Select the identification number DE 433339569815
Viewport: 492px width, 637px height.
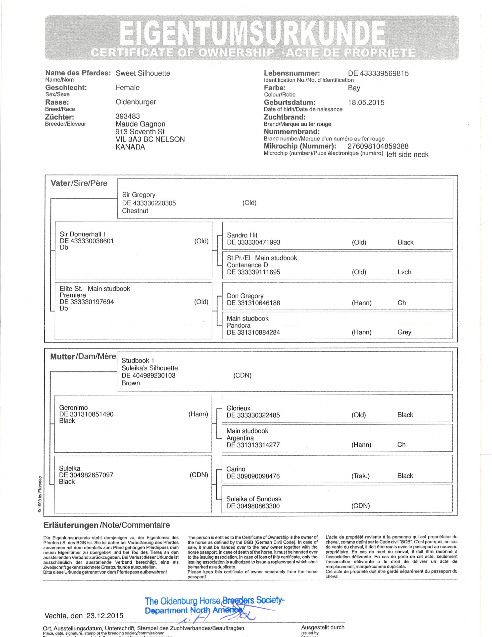pyautogui.click(x=378, y=73)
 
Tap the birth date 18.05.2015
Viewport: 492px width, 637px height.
pyautogui.click(x=366, y=103)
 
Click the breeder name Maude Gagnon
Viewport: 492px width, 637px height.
pyautogui.click(x=140, y=124)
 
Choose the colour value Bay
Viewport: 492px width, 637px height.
pyautogui.click(x=354, y=88)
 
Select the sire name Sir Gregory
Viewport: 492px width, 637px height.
pyautogui.click(x=139, y=195)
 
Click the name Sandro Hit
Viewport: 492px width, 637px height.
pyautogui.click(x=242, y=235)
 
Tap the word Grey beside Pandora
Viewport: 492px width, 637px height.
pyautogui.click(x=404, y=332)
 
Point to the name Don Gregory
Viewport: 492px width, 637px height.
pyautogui.click(x=245, y=296)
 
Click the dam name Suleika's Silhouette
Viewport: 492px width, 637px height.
pyautogui.click(x=149, y=368)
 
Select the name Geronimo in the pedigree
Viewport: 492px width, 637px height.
pyautogui.click(x=73, y=408)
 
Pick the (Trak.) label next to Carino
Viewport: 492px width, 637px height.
pyautogui.click(x=360, y=476)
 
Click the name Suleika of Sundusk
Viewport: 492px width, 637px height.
pyautogui.click(x=254, y=499)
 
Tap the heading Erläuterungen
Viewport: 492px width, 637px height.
pyautogui.click(x=71, y=525)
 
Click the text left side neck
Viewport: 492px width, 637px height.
pyautogui.click(x=407, y=155)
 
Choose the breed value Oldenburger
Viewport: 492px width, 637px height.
pyautogui.click(x=136, y=102)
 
